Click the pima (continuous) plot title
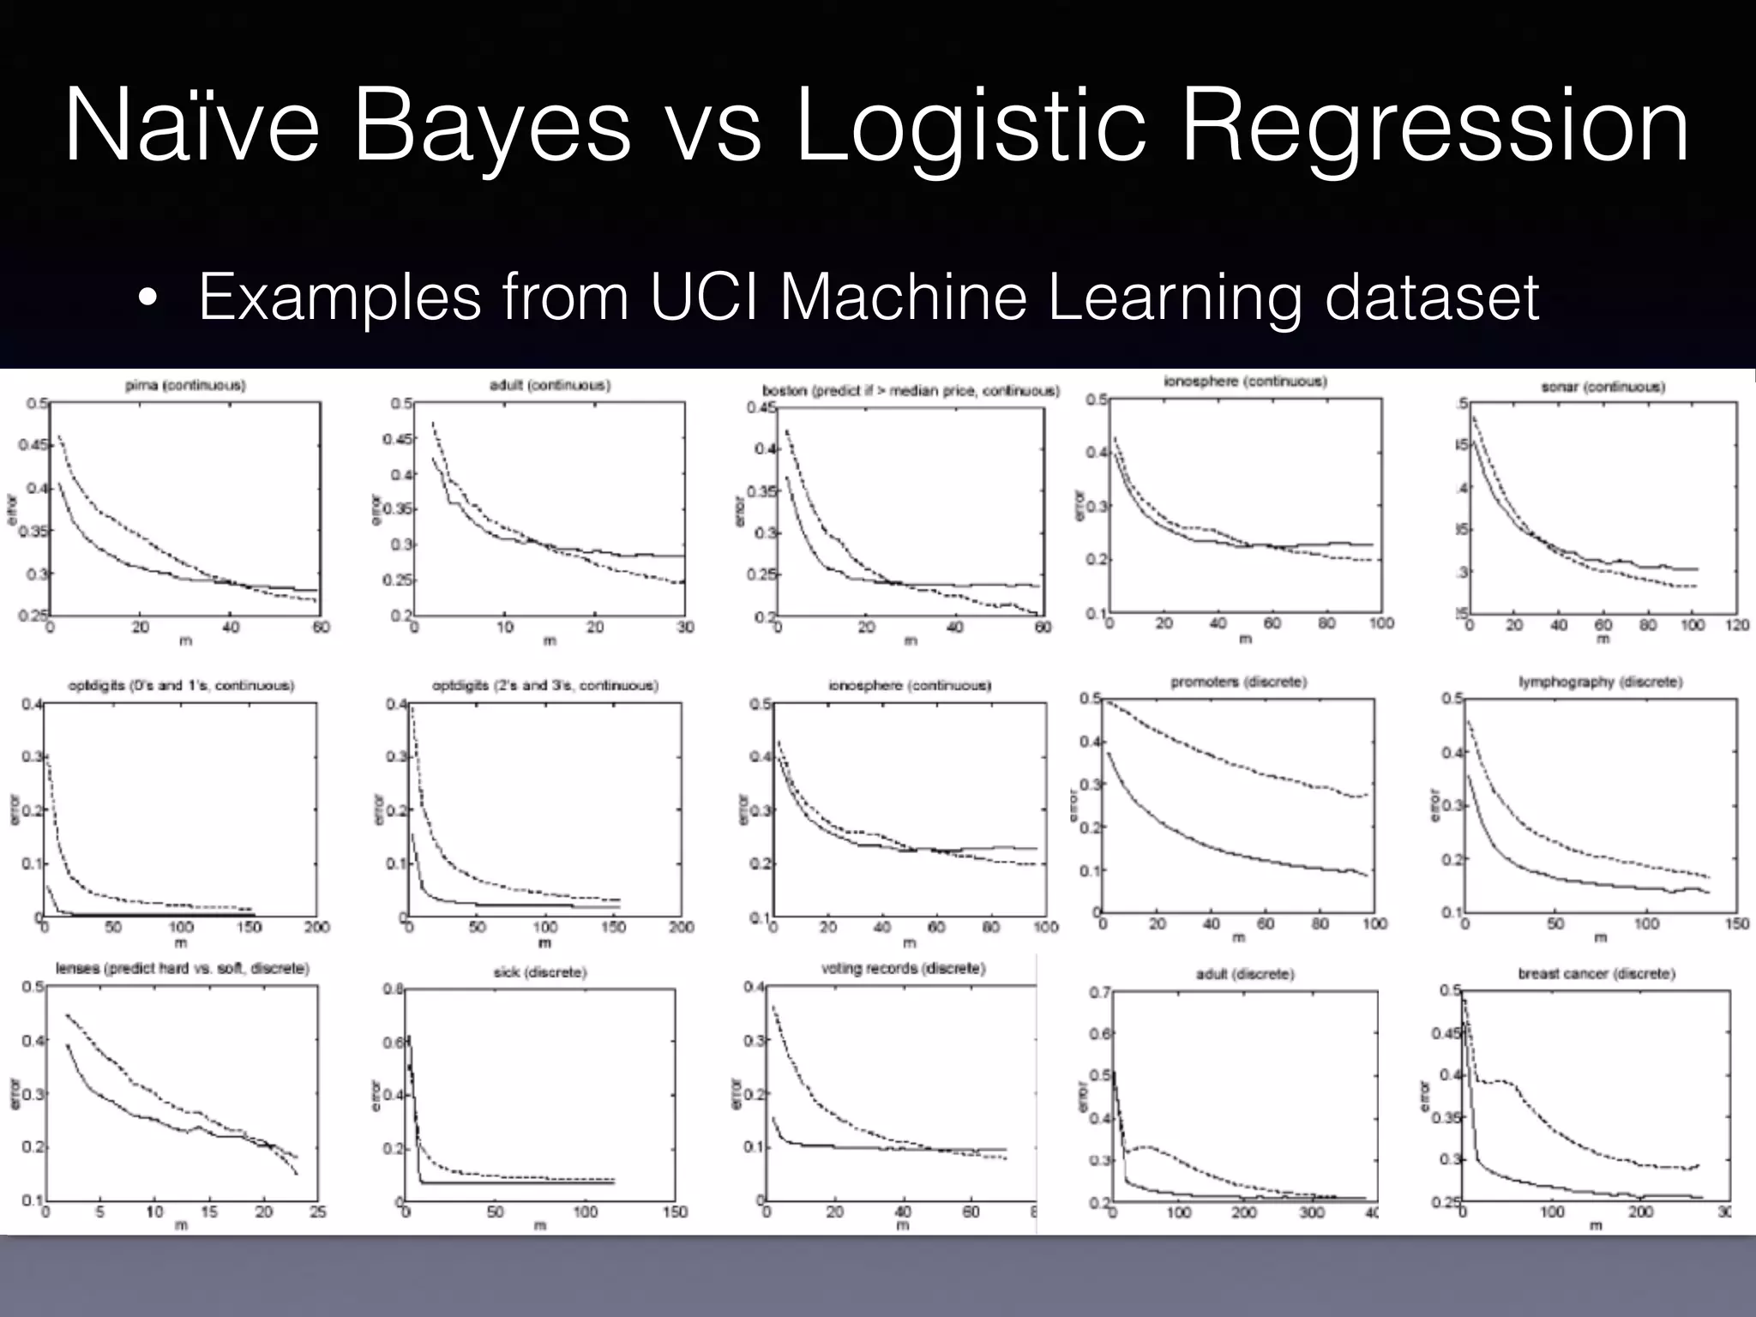tap(185, 386)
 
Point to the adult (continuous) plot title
tap(550, 385)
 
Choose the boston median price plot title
tap(911, 391)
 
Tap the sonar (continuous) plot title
tap(1603, 387)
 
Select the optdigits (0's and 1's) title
tap(181, 685)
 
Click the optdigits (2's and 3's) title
tap(545, 685)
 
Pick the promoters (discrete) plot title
tap(1238, 682)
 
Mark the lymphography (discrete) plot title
tap(1600, 682)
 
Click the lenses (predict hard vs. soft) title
tap(182, 968)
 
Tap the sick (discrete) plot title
tap(539, 972)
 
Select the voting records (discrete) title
tap(903, 968)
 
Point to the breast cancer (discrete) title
tap(1596, 973)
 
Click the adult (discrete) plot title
tap(1245, 974)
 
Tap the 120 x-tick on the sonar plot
tap(1736, 625)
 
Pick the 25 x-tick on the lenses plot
tap(317, 1212)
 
